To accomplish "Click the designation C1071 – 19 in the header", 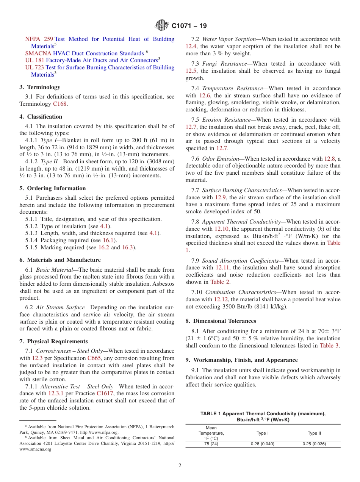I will pyautogui.click(x=189, y=26).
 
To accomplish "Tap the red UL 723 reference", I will pyautogui.click(x=34, y=67).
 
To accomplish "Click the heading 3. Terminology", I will pyautogui.click(x=40, y=87).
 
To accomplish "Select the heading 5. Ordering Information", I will pyautogui.click(x=53, y=188).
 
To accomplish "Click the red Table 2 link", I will pyautogui.click(x=217, y=282).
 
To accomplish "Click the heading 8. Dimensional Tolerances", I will pyautogui.click(x=221, y=321).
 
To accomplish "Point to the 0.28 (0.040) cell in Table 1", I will pyautogui.click(x=263, y=444).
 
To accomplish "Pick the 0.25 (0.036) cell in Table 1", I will pyautogui.click(x=314, y=444).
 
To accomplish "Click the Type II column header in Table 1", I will pyautogui.click(x=314, y=433).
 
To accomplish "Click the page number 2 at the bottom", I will pyautogui.click(x=180, y=466).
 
